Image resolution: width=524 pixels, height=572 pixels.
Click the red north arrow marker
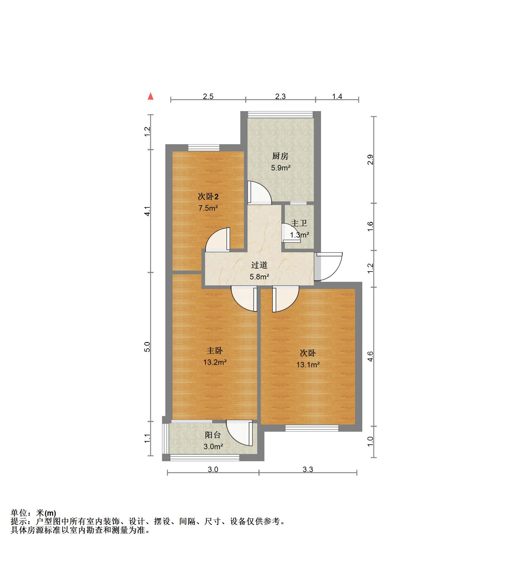pos(151,96)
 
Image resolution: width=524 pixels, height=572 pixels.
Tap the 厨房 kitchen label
pos(280,156)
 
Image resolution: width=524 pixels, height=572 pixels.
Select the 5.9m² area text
pos(280,168)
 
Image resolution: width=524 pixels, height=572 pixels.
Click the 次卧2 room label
pos(208,197)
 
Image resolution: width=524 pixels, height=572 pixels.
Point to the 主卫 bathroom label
pos(299,223)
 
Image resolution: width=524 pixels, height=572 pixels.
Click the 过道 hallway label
pos(259,265)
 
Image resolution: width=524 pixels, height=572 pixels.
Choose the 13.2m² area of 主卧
pos(215,362)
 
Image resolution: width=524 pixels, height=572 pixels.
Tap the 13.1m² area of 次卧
pos(308,365)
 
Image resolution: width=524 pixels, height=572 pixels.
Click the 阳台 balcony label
pos(213,435)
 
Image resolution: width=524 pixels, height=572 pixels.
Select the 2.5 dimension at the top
pos(208,96)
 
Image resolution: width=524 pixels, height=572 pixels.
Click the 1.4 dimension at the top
pos(337,96)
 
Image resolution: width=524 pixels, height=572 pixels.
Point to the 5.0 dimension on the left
pos(147,347)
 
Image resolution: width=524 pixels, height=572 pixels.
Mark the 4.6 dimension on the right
pos(370,356)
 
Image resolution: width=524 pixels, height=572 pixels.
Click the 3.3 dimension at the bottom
pos(308,469)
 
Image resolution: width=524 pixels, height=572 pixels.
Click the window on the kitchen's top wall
pos(280,115)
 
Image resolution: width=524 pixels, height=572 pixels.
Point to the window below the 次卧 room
pos(312,428)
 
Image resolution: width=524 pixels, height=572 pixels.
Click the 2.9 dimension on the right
pos(370,160)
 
